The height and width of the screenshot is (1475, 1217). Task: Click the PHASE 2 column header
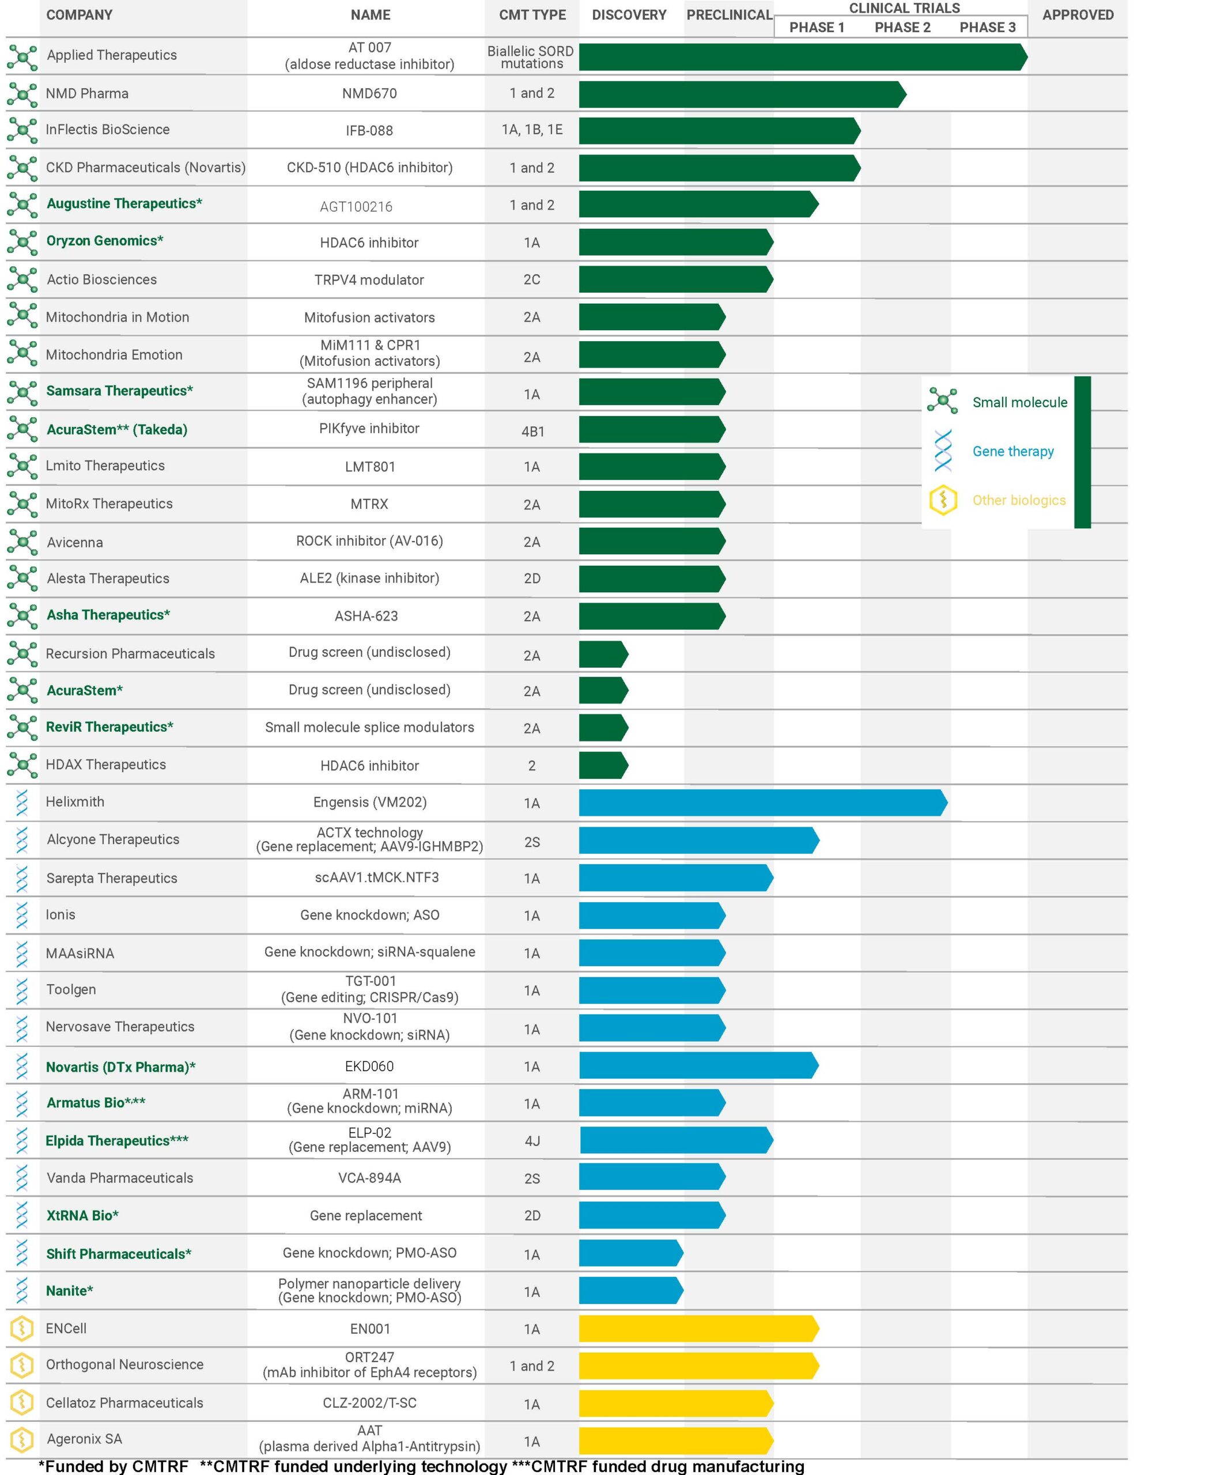(902, 27)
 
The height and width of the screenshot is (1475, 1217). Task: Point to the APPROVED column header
(1078, 15)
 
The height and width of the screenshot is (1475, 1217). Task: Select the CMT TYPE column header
(532, 15)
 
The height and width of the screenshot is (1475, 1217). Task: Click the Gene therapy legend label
(1012, 452)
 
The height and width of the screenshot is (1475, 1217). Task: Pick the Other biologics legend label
(1019, 501)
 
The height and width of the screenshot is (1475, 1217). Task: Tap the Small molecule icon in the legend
(942, 401)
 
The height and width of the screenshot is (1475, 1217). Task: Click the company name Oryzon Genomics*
(104, 240)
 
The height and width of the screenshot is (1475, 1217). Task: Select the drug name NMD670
(369, 93)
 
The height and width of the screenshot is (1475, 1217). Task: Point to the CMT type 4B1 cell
(532, 431)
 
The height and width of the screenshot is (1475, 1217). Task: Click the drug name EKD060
(369, 1066)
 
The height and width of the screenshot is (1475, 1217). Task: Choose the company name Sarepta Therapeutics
(111, 878)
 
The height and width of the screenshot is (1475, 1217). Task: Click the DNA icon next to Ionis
(22, 915)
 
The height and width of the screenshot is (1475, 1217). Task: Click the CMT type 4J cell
(532, 1141)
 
